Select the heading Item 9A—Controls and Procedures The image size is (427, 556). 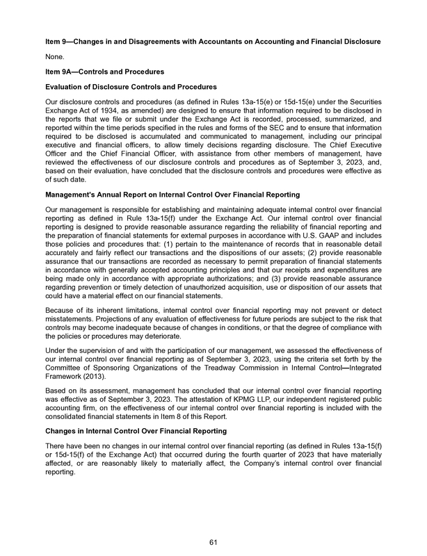[104, 72]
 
